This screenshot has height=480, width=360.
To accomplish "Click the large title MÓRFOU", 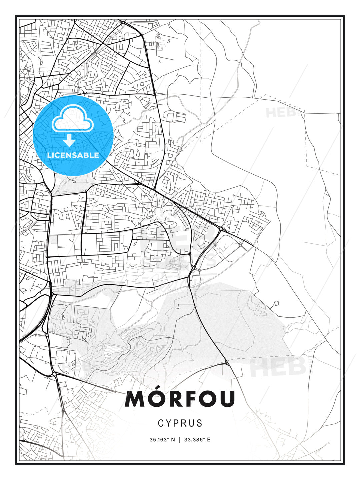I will point(180,399).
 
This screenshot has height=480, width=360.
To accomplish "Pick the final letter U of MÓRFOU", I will point(227,399).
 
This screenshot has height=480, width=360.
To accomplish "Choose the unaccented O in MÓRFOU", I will point(210,399).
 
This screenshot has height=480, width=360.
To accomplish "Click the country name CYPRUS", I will point(180,423).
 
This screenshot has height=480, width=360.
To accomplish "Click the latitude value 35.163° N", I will point(162,440).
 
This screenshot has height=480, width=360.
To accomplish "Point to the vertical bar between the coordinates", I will point(180,440).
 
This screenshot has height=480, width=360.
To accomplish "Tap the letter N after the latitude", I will point(173,440).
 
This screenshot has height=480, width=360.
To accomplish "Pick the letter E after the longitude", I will point(209,440).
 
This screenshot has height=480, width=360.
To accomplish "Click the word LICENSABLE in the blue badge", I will point(73,155).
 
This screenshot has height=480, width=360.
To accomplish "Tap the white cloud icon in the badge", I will point(72,119).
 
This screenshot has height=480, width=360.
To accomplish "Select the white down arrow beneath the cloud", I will point(69,141).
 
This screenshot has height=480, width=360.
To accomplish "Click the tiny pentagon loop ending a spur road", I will point(276,304).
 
